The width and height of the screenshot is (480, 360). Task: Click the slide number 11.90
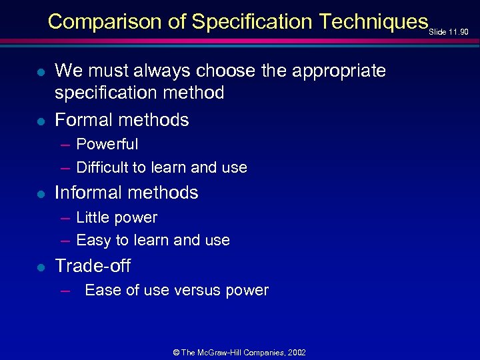coord(459,32)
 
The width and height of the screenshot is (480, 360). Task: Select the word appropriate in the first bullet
coord(337,71)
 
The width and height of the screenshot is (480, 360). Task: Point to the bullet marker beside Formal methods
coord(41,121)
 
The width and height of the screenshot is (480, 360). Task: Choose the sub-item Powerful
coord(107,145)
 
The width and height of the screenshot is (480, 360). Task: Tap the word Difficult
coord(102,167)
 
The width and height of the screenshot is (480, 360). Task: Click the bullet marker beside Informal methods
coord(41,194)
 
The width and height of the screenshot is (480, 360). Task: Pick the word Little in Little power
coord(93,217)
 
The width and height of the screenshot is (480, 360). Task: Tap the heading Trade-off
coord(93,265)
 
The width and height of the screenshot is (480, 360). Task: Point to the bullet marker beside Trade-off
coord(41,267)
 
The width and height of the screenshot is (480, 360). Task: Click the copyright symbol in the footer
coord(176,352)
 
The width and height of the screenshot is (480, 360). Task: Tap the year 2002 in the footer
coord(297,352)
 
